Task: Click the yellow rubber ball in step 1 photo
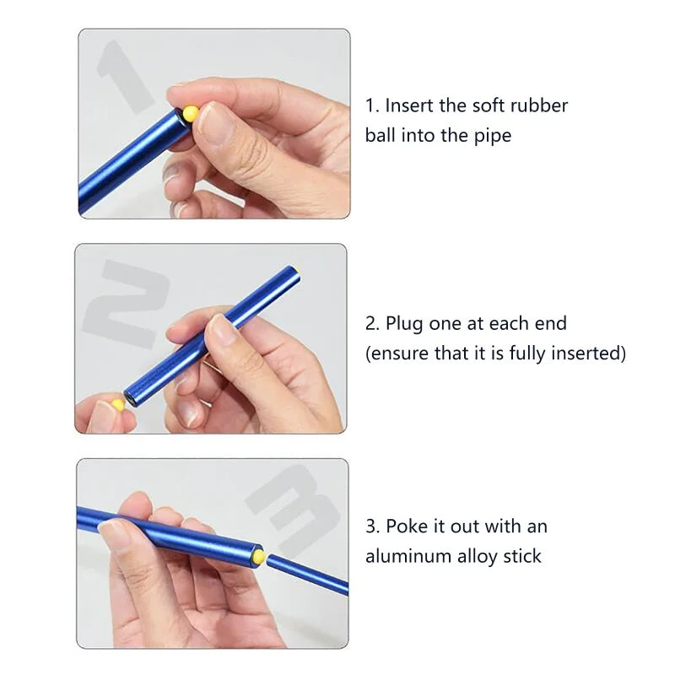191,113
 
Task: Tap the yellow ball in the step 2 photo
117,405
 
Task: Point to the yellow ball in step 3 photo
258,555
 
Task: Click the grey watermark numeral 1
124,77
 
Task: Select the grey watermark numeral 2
125,303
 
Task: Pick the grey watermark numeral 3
293,508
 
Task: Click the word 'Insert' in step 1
409,105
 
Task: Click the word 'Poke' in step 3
407,526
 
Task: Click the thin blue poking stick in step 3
307,575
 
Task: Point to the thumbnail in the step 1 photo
215,123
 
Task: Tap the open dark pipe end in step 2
130,397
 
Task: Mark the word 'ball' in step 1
381,136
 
